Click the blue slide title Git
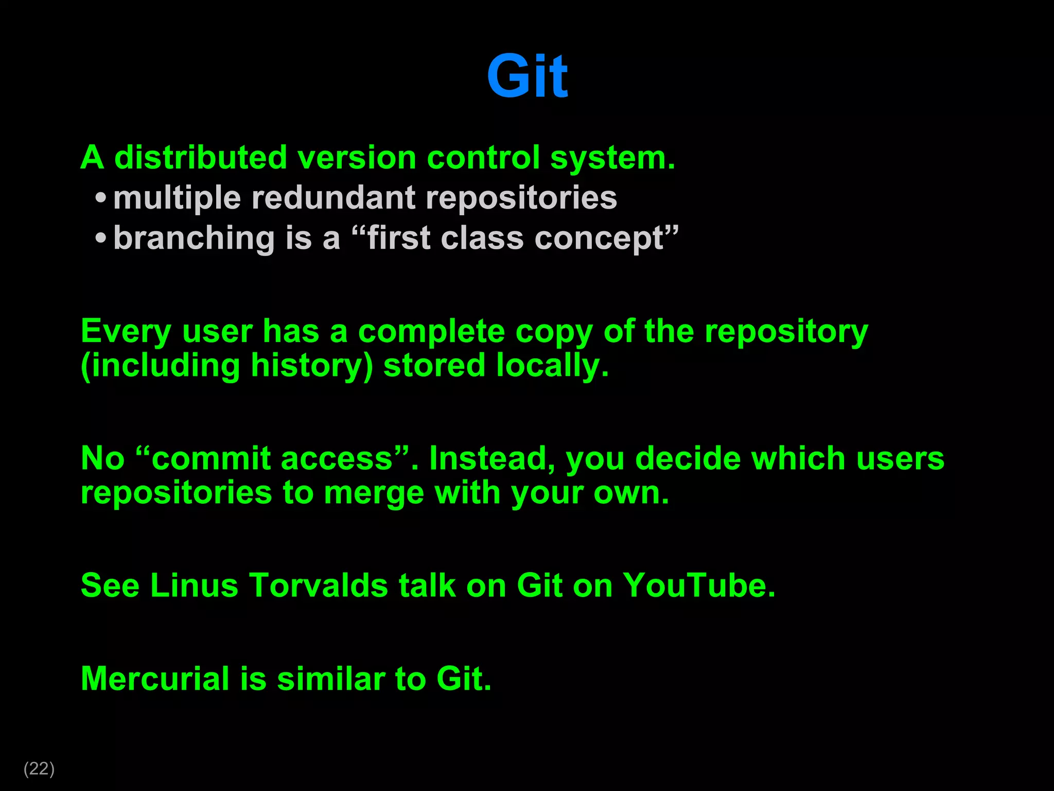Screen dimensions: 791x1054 (x=527, y=77)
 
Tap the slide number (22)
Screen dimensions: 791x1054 (x=39, y=768)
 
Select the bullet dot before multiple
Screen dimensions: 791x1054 (x=101, y=198)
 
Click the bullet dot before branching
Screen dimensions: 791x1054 (x=101, y=238)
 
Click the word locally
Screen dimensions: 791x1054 (x=552, y=366)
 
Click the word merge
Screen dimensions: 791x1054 (x=374, y=493)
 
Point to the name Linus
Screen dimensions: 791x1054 (x=194, y=586)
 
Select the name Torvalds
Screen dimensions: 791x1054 (x=319, y=586)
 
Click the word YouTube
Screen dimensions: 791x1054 (x=697, y=586)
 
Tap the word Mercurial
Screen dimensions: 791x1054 (x=155, y=678)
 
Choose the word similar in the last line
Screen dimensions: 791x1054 (x=330, y=678)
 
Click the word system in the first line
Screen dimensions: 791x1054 (x=611, y=158)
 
